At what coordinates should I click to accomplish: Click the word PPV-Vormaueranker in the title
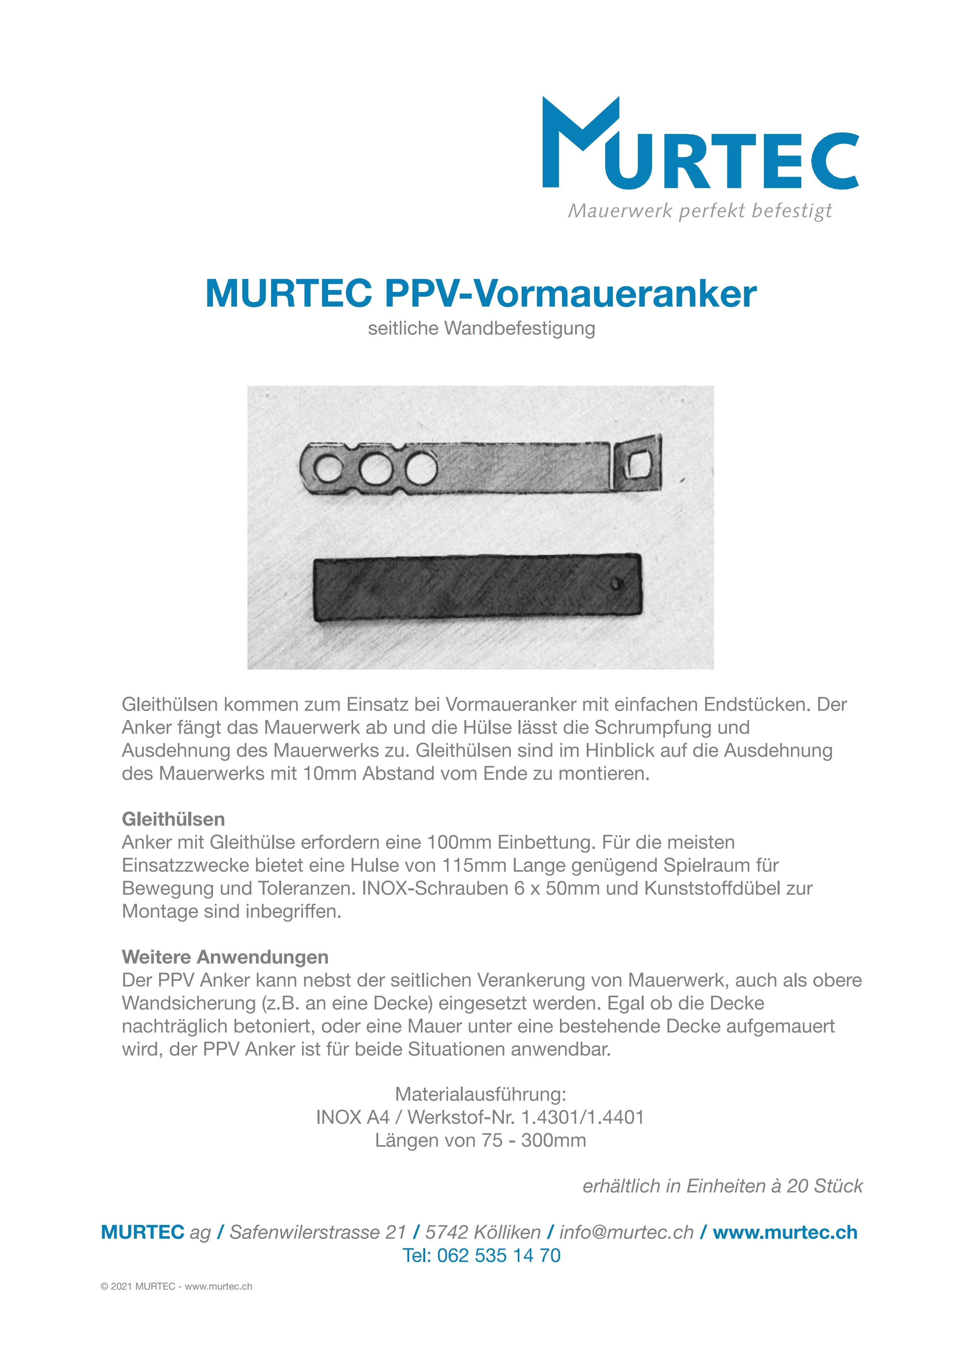click(570, 294)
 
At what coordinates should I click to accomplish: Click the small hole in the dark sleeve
click(617, 584)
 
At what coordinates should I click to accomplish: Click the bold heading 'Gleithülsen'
click(173, 819)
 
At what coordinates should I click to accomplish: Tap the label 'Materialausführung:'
click(481, 1094)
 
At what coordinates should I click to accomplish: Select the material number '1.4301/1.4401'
click(582, 1118)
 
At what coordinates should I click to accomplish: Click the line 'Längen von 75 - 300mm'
click(481, 1141)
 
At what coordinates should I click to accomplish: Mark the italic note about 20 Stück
click(722, 1186)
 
